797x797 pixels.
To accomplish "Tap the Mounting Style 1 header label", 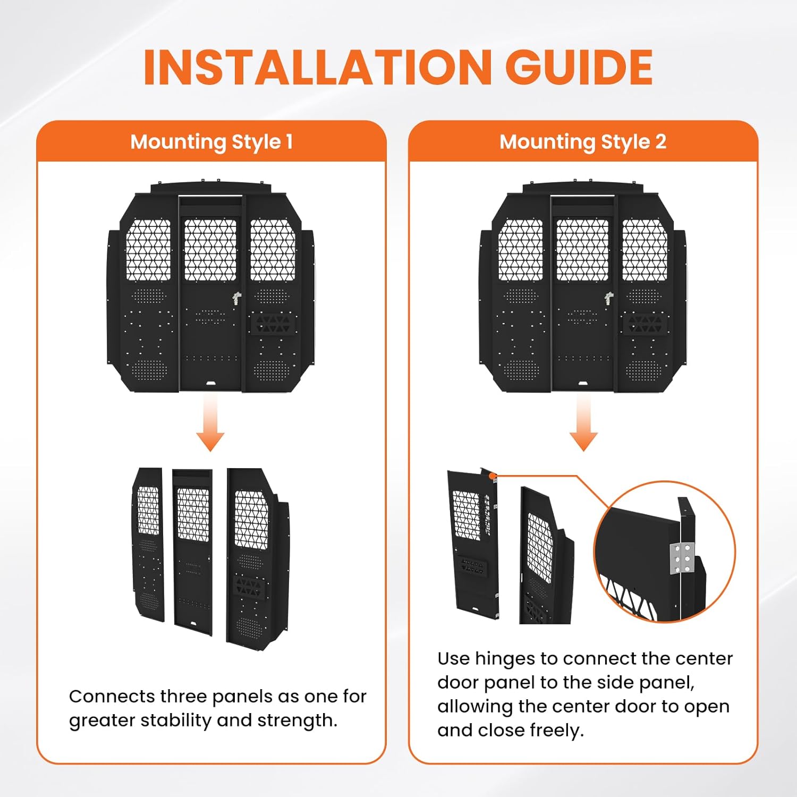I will click(x=211, y=142).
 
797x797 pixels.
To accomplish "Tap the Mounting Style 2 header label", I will click(x=583, y=142).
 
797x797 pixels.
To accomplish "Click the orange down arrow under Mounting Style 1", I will click(x=210, y=425).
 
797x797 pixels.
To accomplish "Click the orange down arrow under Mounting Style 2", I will click(x=583, y=425).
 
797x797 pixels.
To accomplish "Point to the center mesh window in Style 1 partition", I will click(x=210, y=250).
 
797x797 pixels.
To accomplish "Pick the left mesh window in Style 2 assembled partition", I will click(x=521, y=250).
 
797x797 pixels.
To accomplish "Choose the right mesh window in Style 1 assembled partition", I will click(x=273, y=250).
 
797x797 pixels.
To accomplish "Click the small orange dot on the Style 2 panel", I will click(x=493, y=476).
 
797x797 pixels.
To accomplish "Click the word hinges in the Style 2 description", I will click(x=505, y=659).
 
